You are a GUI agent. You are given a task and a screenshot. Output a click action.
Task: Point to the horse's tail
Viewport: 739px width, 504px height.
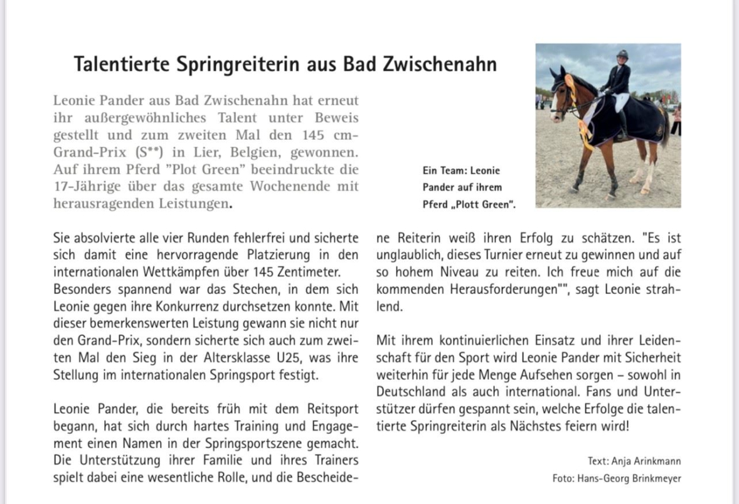[664, 129]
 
